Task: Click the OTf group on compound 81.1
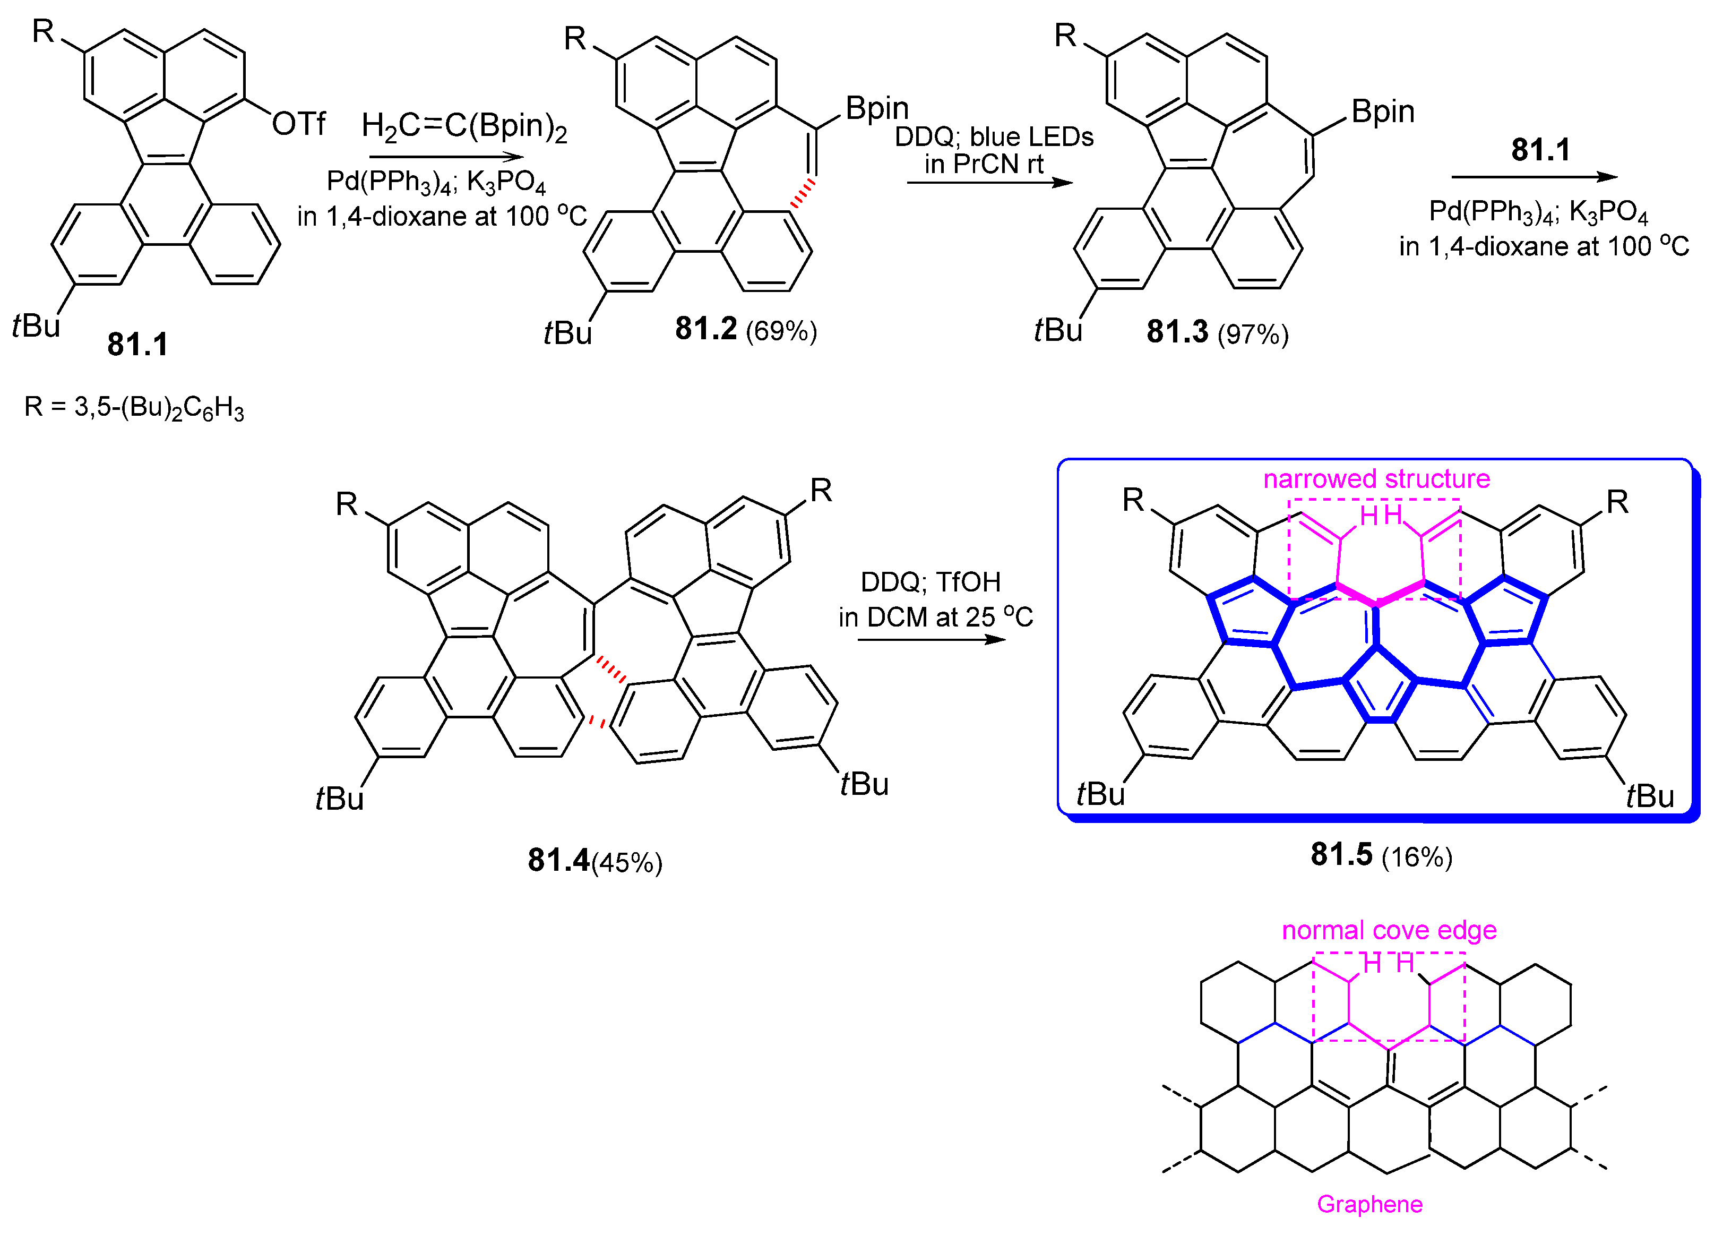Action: tap(298, 123)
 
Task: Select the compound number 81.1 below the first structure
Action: tap(137, 344)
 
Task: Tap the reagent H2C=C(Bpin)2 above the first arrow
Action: tap(464, 127)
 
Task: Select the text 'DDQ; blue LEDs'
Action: tap(994, 137)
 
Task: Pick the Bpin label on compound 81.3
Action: tap(1383, 112)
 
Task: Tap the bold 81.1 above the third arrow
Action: tap(1540, 150)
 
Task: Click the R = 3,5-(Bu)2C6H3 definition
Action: tap(134, 408)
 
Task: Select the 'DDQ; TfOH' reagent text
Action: tap(931, 582)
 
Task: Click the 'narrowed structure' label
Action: tap(1376, 479)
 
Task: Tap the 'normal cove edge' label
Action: tap(1389, 930)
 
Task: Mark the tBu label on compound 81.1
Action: tap(36, 326)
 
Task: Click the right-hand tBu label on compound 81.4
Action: tap(864, 784)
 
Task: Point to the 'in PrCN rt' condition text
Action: tap(984, 164)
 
